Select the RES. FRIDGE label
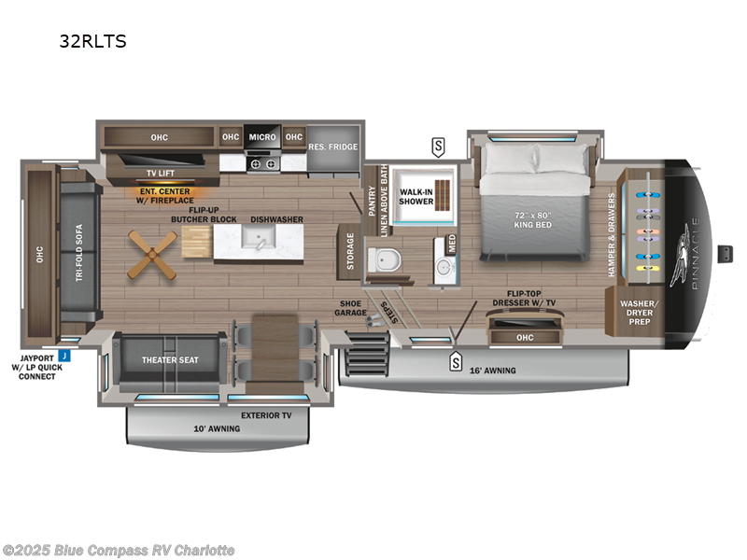tap(332, 147)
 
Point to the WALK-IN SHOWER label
tap(416, 197)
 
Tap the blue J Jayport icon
tap(63, 355)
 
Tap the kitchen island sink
tap(254, 242)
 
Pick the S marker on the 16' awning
tap(456, 361)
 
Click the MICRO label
tap(262, 137)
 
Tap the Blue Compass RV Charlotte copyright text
tap(120, 550)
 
